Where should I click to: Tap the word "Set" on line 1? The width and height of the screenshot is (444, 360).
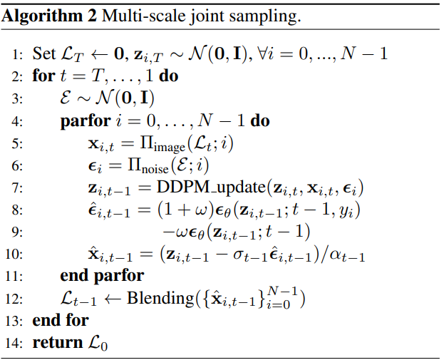point(43,53)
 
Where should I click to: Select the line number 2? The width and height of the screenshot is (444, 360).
point(19,76)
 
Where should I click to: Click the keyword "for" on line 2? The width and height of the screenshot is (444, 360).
point(42,76)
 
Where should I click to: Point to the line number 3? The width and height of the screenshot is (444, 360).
point(19,98)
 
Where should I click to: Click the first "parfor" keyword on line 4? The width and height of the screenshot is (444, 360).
point(85,120)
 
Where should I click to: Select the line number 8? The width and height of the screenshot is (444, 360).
point(19,210)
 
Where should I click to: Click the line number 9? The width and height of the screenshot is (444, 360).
point(19,232)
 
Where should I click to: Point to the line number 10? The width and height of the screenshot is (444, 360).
point(16,254)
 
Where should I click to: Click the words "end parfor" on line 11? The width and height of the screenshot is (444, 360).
point(102,276)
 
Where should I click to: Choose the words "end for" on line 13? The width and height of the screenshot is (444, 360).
point(61,321)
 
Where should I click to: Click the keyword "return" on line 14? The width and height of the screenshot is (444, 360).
point(57,342)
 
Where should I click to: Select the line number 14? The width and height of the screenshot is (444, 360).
point(16,342)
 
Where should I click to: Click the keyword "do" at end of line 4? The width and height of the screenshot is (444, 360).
point(260,120)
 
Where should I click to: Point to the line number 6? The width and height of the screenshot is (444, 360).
point(19,165)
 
